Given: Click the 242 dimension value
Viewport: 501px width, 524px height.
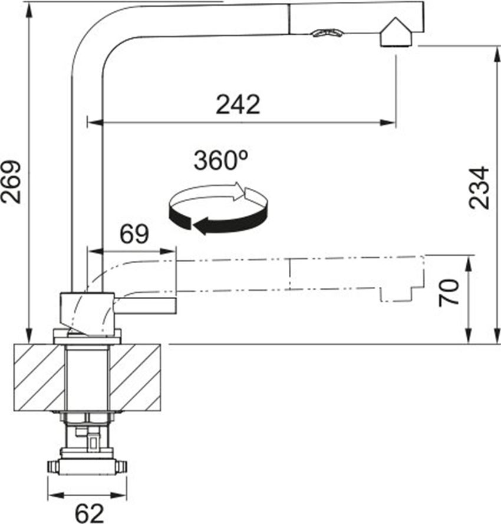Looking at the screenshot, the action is pos(238,104).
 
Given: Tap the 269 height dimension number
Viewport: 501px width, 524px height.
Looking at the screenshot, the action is pos(11,182).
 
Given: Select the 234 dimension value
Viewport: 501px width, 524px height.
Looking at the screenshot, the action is pos(479,188).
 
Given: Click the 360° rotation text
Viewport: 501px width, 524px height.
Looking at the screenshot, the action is pos(221,160).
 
